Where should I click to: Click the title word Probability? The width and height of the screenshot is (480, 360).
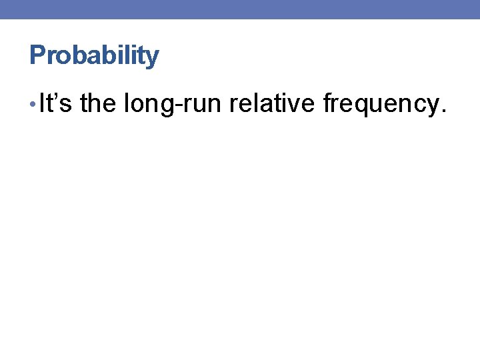click(94, 56)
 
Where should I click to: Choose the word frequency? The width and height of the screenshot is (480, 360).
click(379, 106)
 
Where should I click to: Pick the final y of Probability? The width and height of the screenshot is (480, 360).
click(153, 59)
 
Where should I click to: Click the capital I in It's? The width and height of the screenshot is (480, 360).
click(42, 104)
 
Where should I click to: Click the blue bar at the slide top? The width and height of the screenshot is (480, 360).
click(240, 9)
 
